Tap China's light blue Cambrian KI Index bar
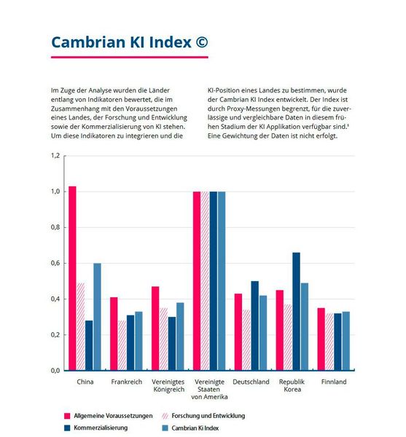tap(98, 317)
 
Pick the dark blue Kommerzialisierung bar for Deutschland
tap(254, 326)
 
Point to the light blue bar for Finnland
tap(346, 341)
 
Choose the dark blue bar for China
tap(89, 345)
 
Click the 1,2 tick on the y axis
tap(55, 156)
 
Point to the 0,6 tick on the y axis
tap(55, 263)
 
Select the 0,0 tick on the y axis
tap(55, 371)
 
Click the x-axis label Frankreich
tap(126, 382)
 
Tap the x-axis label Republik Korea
tap(292, 385)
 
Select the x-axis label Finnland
tap(333, 382)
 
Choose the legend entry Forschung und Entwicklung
tap(208, 415)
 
